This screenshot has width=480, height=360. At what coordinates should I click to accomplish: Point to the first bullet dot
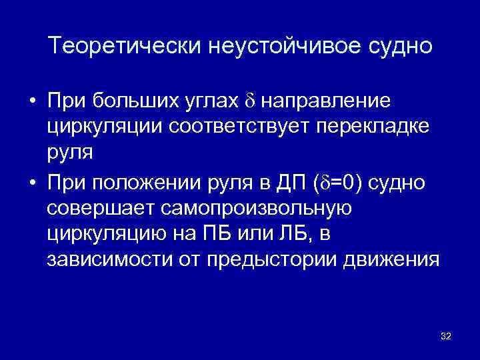point(32,101)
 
